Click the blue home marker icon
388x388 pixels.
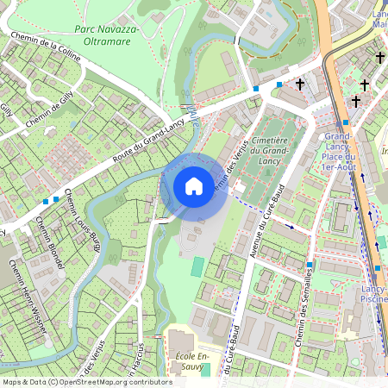(x=193, y=186)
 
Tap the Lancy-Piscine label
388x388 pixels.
(x=374, y=293)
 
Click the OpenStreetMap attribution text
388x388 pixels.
(x=86, y=381)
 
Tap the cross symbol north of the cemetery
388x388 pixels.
(x=300, y=84)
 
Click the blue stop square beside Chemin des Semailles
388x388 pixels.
(x=310, y=265)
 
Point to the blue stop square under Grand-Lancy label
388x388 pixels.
(x=345, y=123)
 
